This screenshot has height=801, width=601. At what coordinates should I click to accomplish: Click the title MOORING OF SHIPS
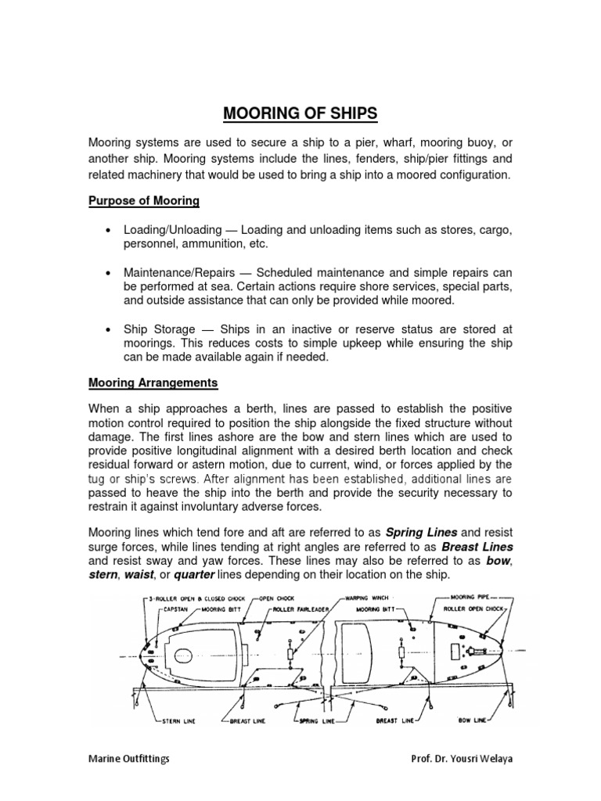click(x=300, y=114)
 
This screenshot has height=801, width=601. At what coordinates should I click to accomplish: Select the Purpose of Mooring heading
click(x=143, y=201)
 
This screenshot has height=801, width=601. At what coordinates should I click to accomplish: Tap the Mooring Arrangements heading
click(x=153, y=383)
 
